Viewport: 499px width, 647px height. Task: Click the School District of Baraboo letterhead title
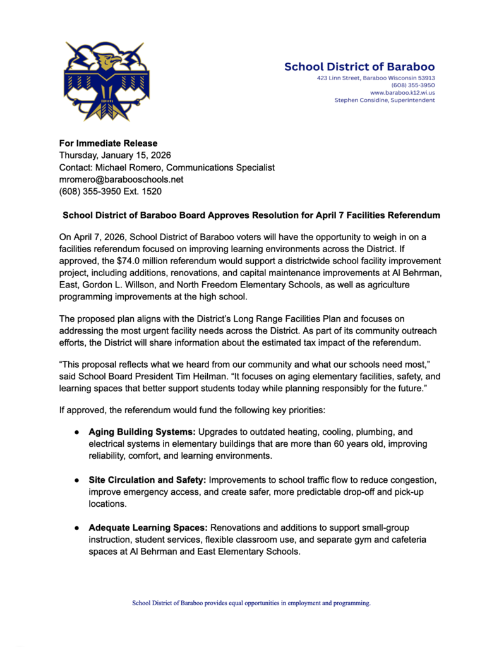click(x=359, y=66)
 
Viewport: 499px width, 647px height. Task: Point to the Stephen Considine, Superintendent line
click(x=384, y=100)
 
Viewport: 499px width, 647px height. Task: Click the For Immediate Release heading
click(x=108, y=143)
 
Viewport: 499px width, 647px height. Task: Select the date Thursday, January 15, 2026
click(x=115, y=155)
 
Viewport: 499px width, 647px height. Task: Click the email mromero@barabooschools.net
click(x=121, y=179)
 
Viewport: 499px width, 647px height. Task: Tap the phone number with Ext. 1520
click(x=110, y=191)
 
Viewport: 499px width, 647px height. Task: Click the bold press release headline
click(x=251, y=215)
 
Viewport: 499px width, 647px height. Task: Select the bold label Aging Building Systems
click(x=142, y=432)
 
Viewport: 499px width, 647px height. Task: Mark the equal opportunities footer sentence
click(x=251, y=603)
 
